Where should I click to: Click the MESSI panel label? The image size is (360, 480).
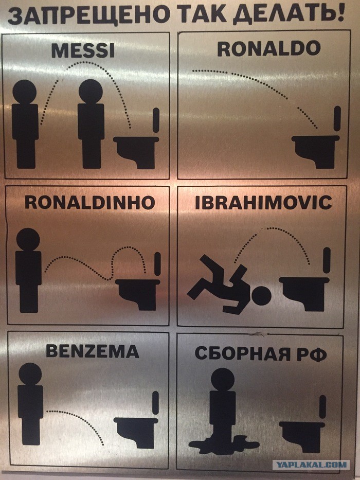83,50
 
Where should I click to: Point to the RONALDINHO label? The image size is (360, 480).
89,202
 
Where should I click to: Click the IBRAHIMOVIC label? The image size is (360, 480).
263,203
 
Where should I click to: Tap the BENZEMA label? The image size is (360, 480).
93,351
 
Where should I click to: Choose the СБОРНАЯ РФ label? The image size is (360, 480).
261,354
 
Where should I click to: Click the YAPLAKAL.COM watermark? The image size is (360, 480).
312,465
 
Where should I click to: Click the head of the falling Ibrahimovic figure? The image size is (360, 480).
261,295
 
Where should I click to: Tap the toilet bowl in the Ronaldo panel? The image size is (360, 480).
315,151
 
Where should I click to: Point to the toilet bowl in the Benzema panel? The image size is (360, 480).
136,432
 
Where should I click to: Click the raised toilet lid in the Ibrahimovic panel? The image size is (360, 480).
327,260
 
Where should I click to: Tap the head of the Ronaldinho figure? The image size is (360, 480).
28,240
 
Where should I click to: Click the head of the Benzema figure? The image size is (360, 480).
30,374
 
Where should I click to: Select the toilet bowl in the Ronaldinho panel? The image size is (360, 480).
137,294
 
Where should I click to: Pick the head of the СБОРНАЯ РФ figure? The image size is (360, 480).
223,379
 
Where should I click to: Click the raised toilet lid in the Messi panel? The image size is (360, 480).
156,120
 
